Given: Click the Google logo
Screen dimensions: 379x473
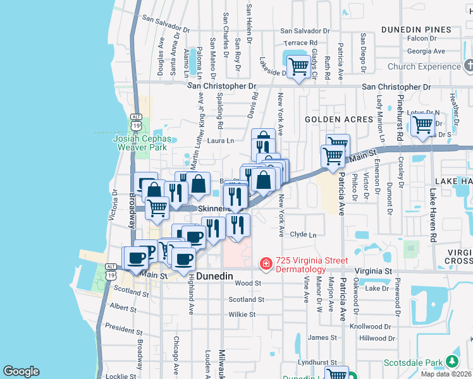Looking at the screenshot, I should [x=21, y=371].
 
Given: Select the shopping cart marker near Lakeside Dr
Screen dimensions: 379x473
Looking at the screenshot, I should [x=297, y=66].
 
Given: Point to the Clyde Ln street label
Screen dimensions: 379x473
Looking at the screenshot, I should [x=303, y=234].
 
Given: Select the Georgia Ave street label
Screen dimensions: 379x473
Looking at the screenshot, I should [x=426, y=51].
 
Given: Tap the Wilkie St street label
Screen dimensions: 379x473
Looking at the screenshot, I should [x=242, y=314].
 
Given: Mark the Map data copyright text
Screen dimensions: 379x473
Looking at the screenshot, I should [x=446, y=374].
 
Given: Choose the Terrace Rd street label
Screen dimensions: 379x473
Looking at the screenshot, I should [x=304, y=42].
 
